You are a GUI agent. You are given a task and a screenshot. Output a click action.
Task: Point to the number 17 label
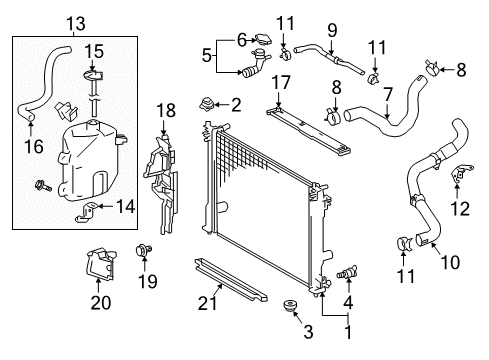(283, 80)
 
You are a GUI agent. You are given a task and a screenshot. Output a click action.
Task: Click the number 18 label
(165, 109)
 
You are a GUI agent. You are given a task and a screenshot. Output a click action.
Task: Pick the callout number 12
(460, 210)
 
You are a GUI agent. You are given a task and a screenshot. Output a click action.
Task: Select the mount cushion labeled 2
(208, 103)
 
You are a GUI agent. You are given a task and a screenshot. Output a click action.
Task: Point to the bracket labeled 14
(89, 209)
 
